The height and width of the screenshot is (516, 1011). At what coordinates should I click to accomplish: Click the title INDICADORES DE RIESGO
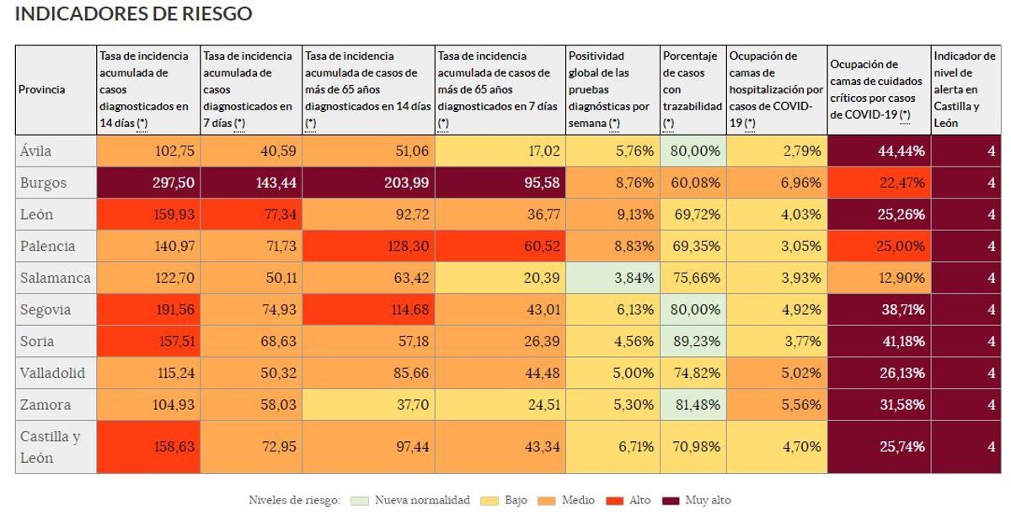[133, 14]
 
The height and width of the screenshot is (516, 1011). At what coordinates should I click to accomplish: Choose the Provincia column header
[41, 89]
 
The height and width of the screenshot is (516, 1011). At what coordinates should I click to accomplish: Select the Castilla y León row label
[51, 447]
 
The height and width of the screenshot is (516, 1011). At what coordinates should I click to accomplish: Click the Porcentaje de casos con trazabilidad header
[693, 89]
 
